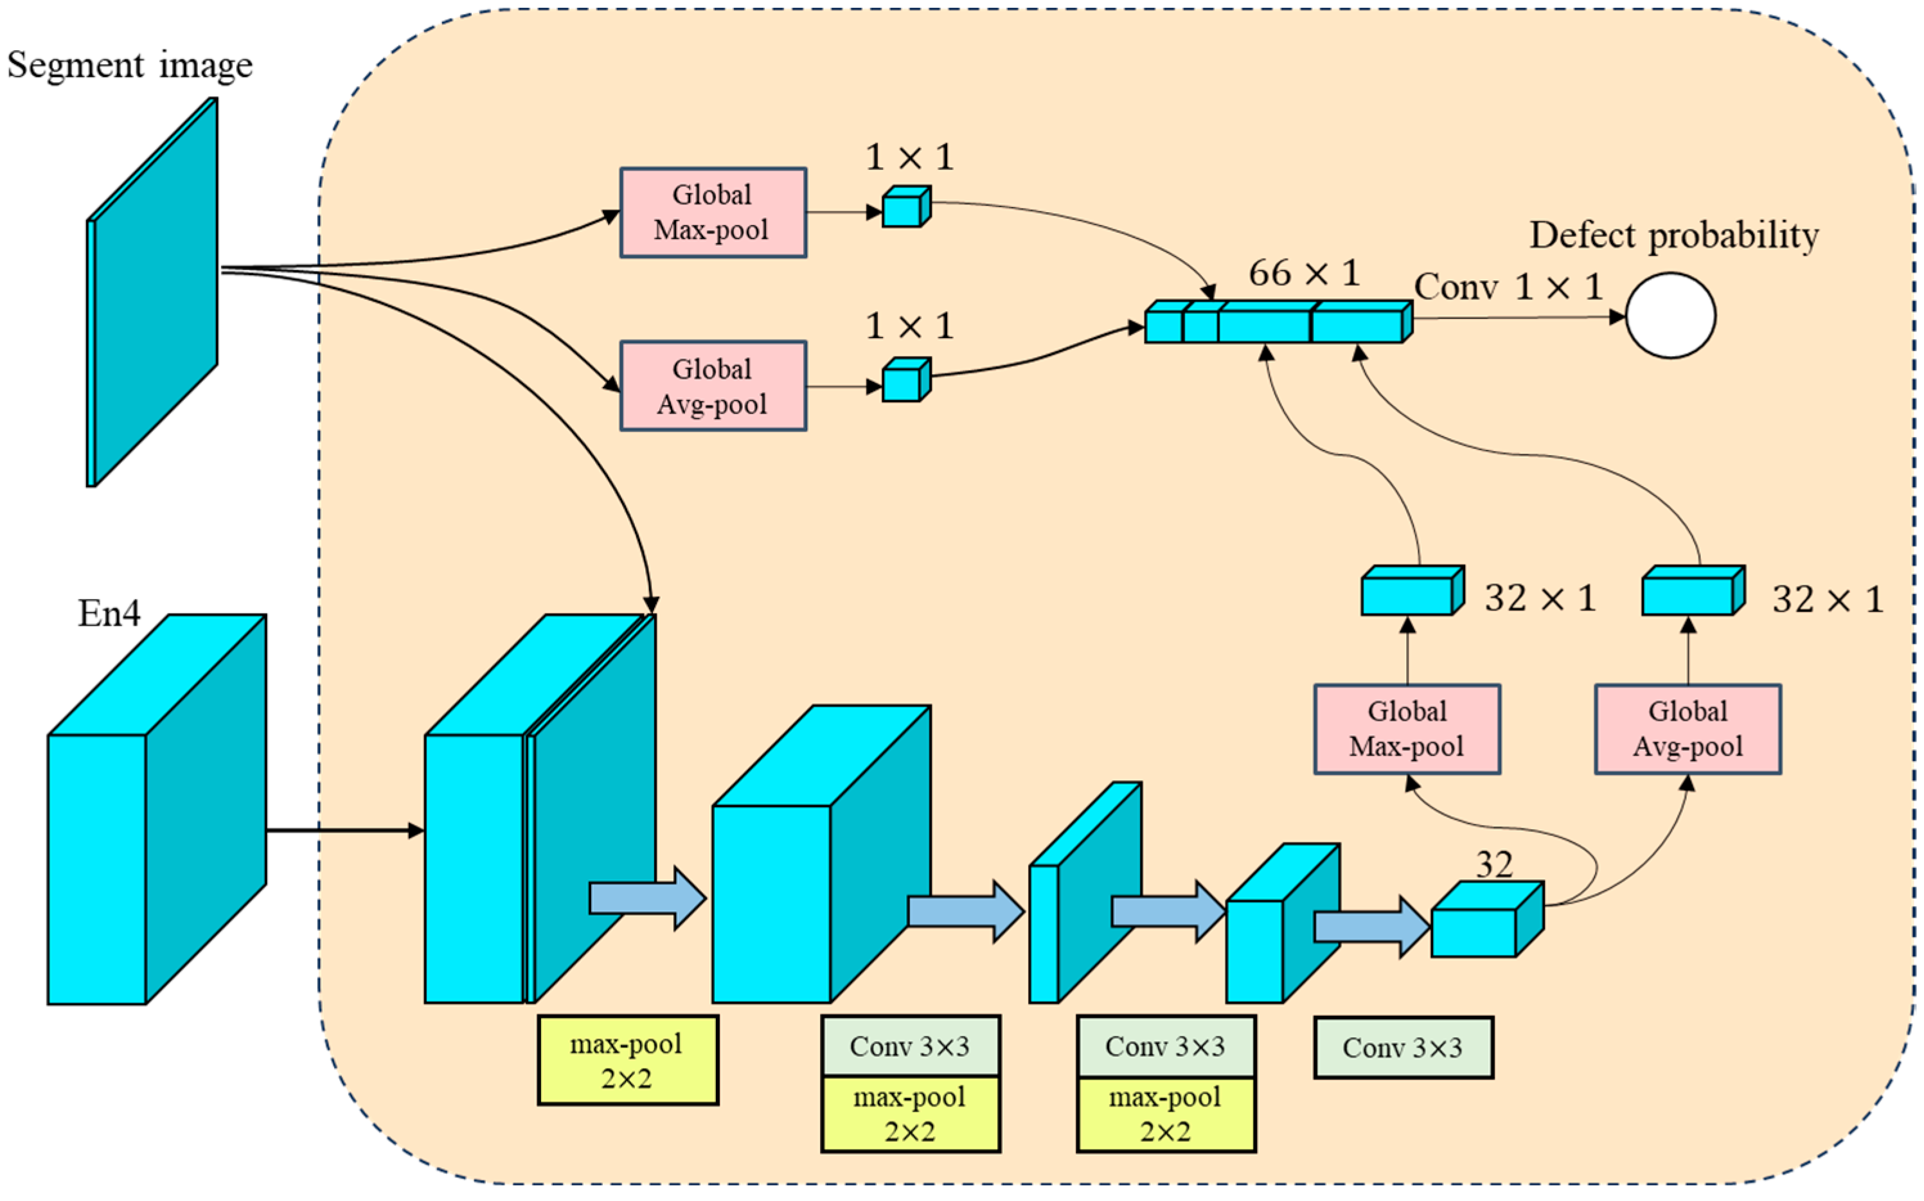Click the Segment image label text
[x=129, y=65]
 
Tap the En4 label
[x=109, y=613]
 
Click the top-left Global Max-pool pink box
[x=713, y=212]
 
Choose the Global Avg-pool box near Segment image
[x=713, y=386]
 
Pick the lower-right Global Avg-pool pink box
[x=1688, y=729]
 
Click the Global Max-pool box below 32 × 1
[x=1406, y=729]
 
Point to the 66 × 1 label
[x=1304, y=273]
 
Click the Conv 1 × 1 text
[x=1508, y=287]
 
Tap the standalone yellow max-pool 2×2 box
[x=628, y=1060]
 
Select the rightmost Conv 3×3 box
[x=1403, y=1047]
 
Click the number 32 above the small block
[x=1493, y=865]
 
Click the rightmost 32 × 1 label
[x=1827, y=600]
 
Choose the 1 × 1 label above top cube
[x=909, y=157]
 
